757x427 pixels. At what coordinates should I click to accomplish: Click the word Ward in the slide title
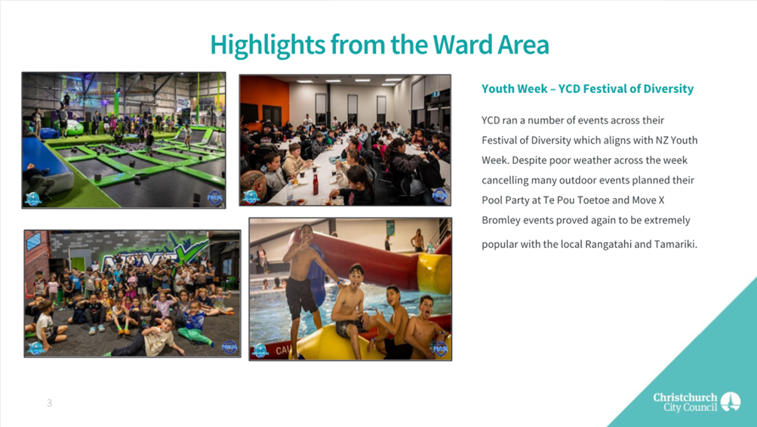462,45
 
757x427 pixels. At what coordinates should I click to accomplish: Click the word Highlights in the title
267,45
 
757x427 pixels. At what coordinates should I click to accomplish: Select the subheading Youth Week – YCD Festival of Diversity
587,89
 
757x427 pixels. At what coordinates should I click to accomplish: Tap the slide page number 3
49,403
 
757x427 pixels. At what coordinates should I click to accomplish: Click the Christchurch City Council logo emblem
731,401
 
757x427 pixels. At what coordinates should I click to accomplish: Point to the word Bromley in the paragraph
500,221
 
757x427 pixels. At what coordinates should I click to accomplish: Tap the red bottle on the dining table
315,184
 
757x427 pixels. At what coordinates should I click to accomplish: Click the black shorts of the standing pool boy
301,298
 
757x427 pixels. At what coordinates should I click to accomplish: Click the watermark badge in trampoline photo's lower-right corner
214,197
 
